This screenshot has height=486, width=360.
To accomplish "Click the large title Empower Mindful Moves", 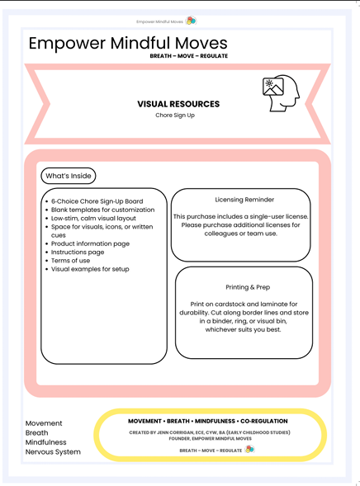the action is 127,44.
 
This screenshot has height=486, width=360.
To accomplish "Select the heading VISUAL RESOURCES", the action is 178,104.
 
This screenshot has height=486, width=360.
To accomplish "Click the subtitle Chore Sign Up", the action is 178,116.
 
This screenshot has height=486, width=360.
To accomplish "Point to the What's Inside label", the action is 69,176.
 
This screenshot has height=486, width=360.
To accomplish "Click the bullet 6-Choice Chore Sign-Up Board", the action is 97,201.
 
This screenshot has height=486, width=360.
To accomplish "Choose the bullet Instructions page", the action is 78,252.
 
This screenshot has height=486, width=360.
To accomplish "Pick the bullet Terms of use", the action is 73,261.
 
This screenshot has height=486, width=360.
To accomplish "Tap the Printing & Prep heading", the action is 244,287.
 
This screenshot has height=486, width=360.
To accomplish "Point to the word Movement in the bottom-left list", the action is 44,423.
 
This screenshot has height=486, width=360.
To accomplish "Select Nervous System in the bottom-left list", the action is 54,451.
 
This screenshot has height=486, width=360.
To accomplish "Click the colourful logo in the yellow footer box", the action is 249,450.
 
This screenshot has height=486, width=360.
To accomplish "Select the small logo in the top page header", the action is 191,21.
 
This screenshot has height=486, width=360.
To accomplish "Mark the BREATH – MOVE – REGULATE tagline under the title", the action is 189,56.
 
